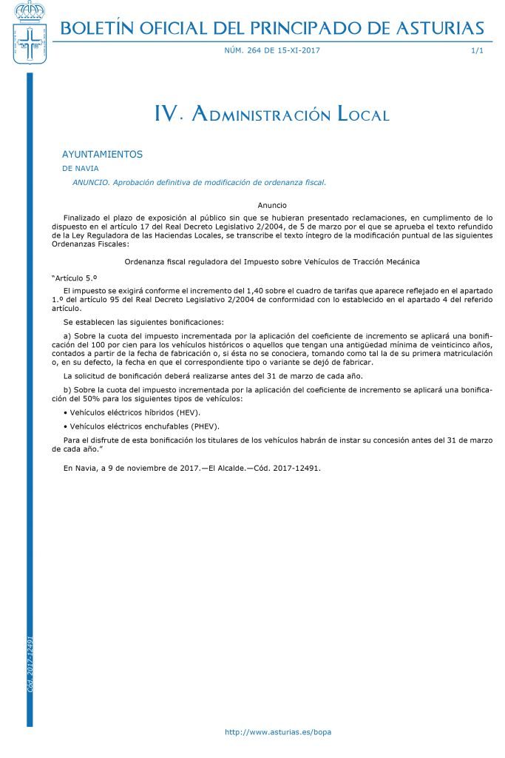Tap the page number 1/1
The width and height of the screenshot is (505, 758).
tap(477, 50)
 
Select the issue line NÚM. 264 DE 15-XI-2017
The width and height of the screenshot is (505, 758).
tap(272, 50)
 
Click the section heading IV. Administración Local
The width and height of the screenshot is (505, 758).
tap(271, 114)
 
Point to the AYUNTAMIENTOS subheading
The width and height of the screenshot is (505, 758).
tap(102, 155)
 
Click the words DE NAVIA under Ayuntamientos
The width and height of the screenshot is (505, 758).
tap(81, 169)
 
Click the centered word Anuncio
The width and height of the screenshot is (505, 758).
tap(272, 205)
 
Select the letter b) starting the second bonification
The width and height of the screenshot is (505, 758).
tap(68, 389)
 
